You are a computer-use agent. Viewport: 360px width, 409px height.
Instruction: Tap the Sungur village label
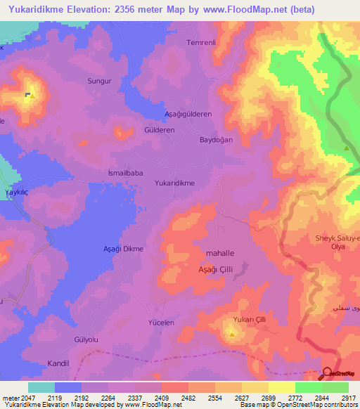pyautogui.click(x=99, y=82)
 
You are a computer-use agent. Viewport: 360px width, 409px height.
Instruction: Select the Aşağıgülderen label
pyautogui.click(x=188, y=114)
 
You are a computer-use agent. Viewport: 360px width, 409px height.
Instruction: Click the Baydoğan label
pyautogui.click(x=216, y=141)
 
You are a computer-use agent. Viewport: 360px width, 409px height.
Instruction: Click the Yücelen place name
pyautogui.click(x=160, y=322)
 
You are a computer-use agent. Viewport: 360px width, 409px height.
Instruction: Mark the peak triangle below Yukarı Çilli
pyautogui.click(x=232, y=334)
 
